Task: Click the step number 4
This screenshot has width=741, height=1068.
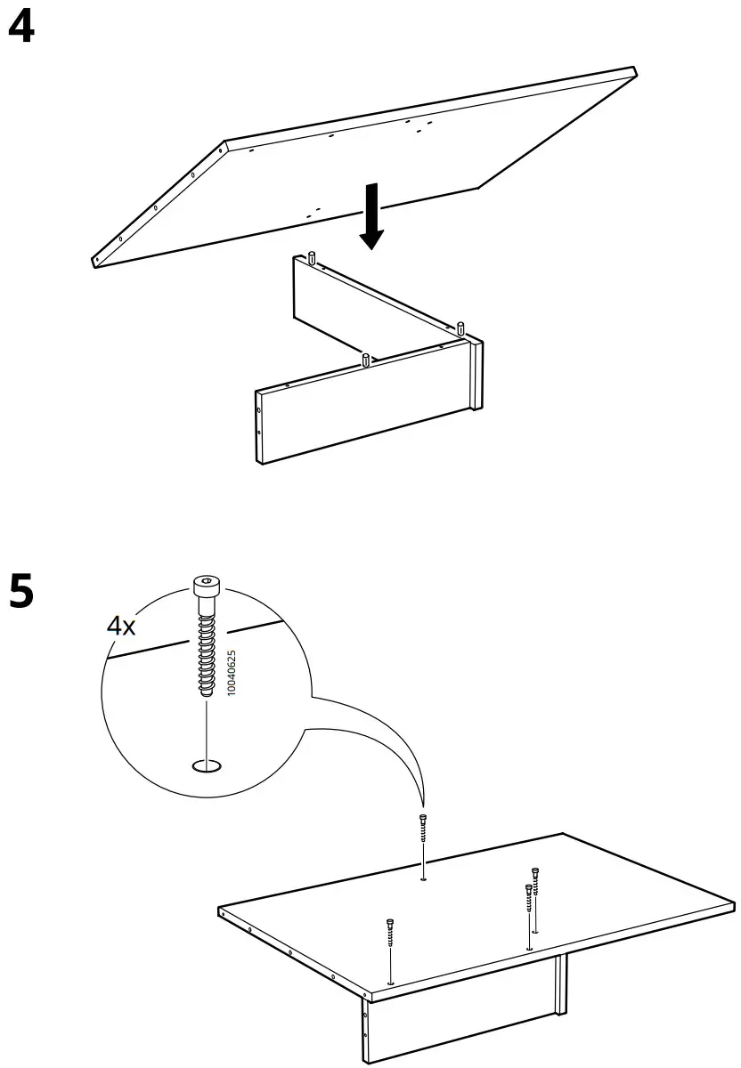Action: coord(21,28)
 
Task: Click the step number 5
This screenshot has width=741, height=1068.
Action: coord(21,591)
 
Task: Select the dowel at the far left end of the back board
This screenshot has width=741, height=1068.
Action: coord(313,258)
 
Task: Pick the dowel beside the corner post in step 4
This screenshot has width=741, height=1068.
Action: coord(460,328)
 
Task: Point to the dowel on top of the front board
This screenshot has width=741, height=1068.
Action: coord(365,360)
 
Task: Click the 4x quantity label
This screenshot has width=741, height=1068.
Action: coord(121,626)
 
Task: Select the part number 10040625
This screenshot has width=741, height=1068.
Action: coord(232,672)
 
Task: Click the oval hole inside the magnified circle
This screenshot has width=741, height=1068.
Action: coord(207,765)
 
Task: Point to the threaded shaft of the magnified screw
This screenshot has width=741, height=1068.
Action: coord(207,650)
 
